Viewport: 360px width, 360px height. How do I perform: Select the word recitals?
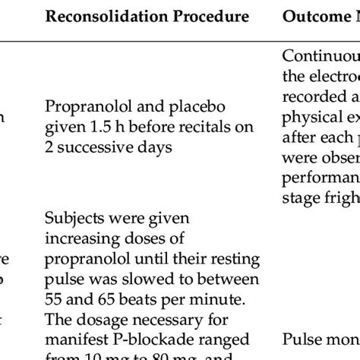(207, 126)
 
